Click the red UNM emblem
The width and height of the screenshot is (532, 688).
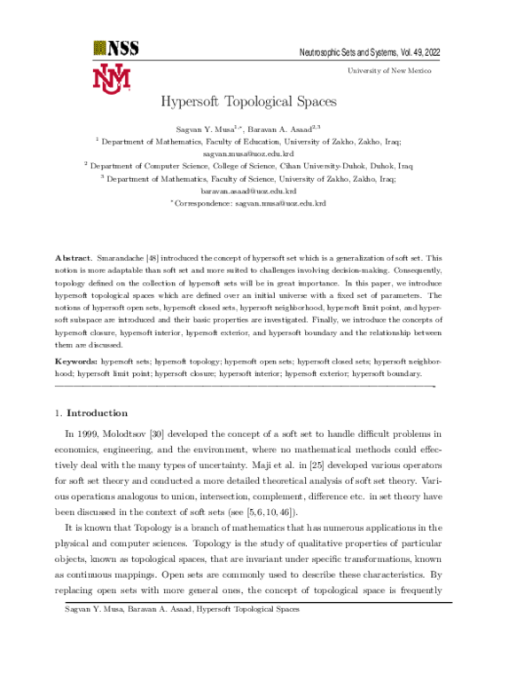111,78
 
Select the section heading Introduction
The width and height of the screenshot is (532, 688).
98,413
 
